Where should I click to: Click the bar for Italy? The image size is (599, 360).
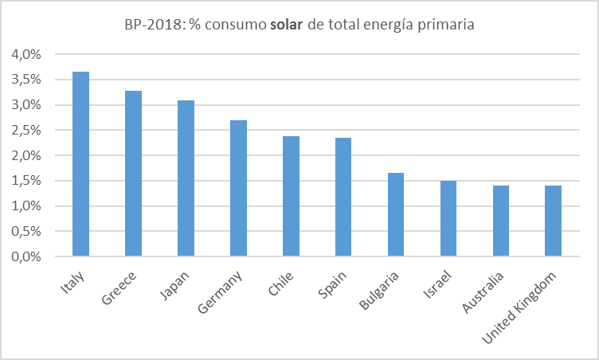coord(80,164)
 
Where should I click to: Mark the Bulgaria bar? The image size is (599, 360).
coord(396,215)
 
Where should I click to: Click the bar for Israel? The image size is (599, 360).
coord(448,219)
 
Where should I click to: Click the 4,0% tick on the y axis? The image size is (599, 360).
coord(26,55)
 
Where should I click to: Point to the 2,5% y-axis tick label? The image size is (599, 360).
coord(26,131)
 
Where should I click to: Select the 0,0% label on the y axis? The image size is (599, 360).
coord(26,257)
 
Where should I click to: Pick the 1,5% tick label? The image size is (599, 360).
coord(26,182)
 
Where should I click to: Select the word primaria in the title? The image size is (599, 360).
coord(447,25)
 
